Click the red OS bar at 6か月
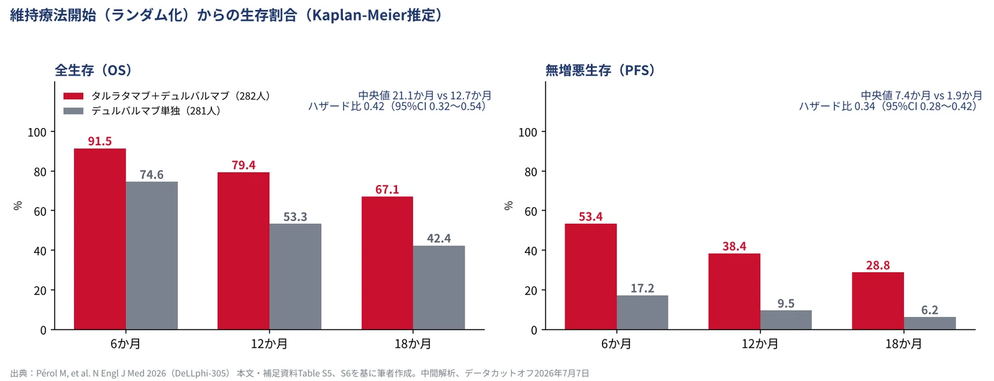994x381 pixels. click(100, 239)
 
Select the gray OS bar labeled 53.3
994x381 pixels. click(295, 277)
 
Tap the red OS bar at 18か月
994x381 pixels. click(388, 263)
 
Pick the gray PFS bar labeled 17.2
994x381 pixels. click(642, 313)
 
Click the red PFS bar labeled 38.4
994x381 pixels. click(734, 291)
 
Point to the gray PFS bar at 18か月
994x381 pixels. click(929, 323)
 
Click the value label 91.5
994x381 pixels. click(100, 141)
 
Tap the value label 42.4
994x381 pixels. click(439, 239)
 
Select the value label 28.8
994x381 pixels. click(878, 265)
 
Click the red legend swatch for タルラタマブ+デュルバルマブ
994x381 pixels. click(73, 96)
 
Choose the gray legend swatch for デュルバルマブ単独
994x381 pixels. click(73, 111)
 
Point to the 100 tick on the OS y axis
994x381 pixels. click(37, 132)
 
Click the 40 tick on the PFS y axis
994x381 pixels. click(531, 251)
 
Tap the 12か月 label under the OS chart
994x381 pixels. click(270, 344)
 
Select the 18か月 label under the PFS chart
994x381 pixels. click(904, 344)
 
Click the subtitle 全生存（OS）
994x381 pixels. click(93, 70)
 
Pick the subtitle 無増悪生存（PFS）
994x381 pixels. click(600, 70)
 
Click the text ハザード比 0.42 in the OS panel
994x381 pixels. click(346, 106)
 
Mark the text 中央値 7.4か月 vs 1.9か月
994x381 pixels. click(921, 96)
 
